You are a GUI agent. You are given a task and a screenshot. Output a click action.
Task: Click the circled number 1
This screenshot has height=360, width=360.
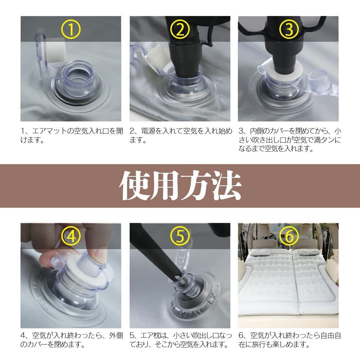[x=71, y=29]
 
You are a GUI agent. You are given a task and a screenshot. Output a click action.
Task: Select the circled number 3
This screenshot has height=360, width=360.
[x=289, y=29]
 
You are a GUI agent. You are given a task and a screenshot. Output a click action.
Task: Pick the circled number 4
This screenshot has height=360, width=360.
[x=71, y=236]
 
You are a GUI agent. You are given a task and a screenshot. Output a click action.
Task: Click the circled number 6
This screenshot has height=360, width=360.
[x=289, y=236]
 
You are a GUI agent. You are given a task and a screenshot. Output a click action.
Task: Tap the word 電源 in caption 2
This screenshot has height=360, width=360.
[x=148, y=131]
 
